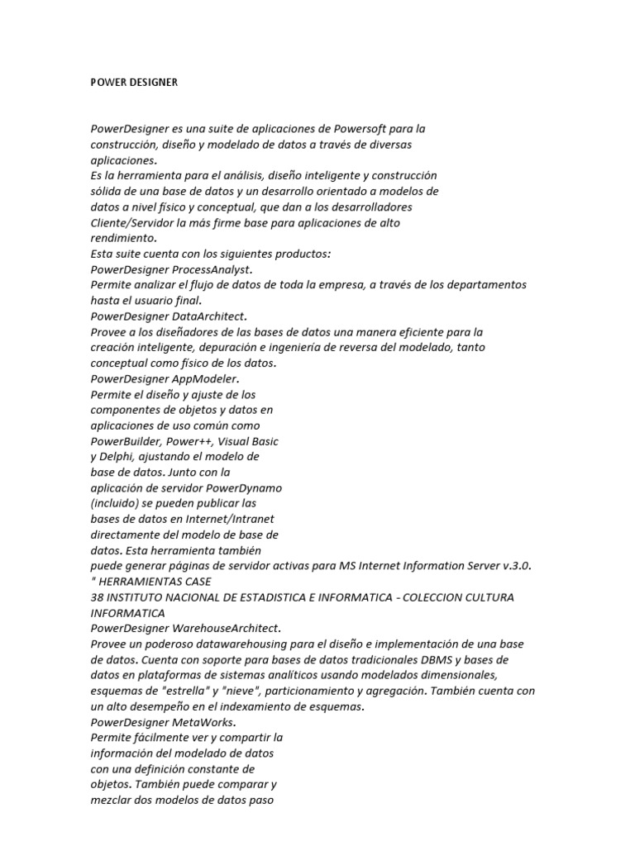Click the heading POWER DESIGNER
click(133, 83)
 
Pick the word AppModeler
click(205, 378)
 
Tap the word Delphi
click(117, 457)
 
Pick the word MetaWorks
click(205, 722)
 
